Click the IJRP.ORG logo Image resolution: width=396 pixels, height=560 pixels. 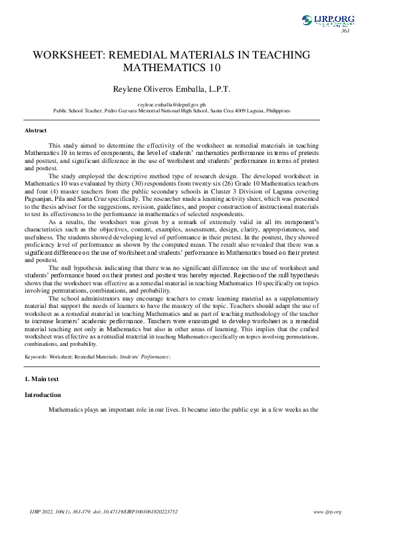click(x=328, y=21)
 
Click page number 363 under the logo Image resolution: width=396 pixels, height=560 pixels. click(x=345, y=31)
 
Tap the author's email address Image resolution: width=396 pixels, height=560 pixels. click(x=171, y=105)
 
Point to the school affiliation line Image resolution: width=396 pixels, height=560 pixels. click(x=172, y=111)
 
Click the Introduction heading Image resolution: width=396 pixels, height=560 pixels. click(x=43, y=395)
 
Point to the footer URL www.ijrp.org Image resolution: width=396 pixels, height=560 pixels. click(x=327, y=511)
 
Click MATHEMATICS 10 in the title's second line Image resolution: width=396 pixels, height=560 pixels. click(x=172, y=68)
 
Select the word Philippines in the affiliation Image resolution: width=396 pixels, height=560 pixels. click(x=276, y=111)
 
